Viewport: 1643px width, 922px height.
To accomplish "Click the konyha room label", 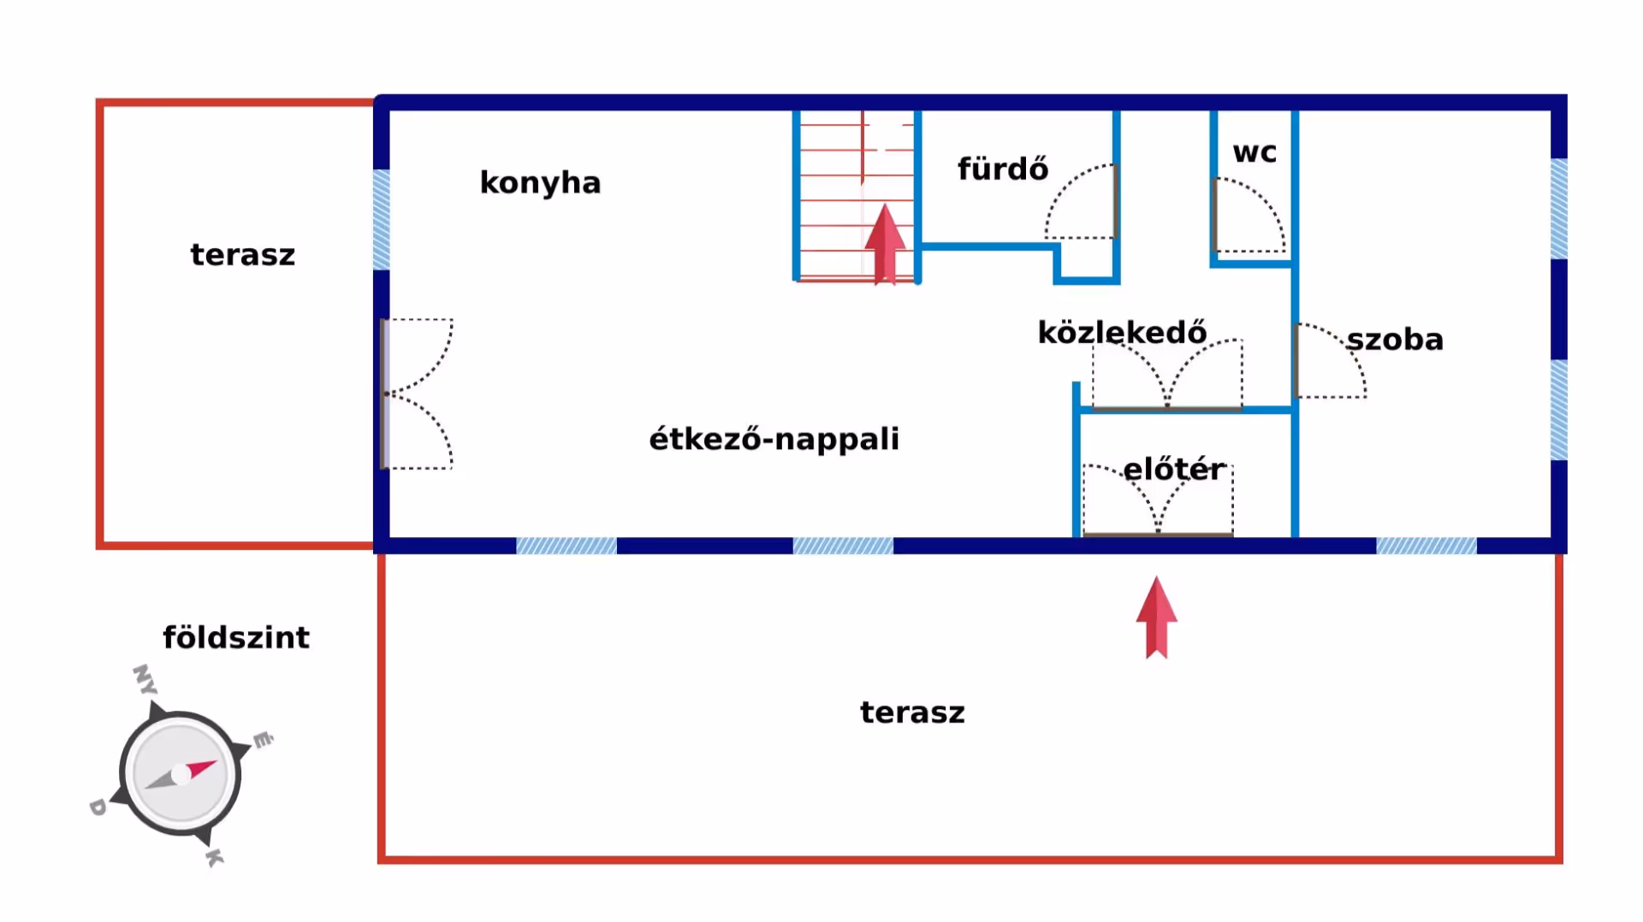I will [x=540, y=183].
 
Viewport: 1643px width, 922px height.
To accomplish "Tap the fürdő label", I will [x=1002, y=168].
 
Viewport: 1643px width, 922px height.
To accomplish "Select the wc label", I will [x=1254, y=152].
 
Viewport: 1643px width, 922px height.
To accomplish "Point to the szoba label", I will [x=1395, y=340].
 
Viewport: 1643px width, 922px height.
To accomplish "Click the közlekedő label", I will [x=1122, y=332].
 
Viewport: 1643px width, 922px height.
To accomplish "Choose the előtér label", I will [x=1174, y=469].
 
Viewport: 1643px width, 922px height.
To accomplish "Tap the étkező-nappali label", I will [x=774, y=439].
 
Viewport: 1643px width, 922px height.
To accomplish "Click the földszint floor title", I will [x=236, y=637].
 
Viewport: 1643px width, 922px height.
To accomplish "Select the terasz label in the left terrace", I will [x=242, y=255].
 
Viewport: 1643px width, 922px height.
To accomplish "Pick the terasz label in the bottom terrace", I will [x=912, y=712].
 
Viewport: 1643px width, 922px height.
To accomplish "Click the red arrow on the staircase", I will [x=885, y=244].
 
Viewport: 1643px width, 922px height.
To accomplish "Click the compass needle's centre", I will [x=181, y=775].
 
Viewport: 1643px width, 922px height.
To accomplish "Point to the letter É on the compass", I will [x=263, y=740].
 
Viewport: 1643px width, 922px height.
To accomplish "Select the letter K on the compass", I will [x=214, y=857].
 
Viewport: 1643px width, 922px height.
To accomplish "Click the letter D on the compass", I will [x=98, y=807].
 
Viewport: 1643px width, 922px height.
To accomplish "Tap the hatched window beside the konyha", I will [x=382, y=220].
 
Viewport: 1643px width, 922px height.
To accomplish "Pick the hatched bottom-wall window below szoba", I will [x=1426, y=546].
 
